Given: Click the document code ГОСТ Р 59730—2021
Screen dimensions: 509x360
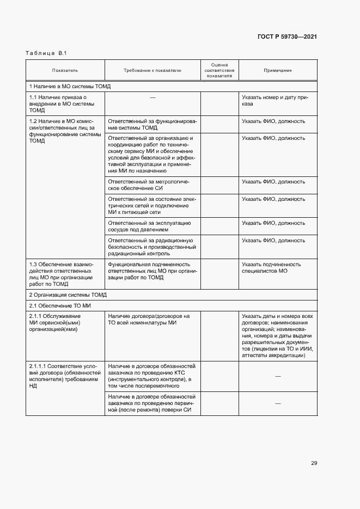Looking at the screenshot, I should click(288, 36).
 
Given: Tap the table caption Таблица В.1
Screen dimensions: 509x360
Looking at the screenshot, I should click(46, 53).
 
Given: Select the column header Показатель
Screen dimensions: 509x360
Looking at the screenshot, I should click(65, 70).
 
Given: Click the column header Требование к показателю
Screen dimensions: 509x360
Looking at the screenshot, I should click(152, 70).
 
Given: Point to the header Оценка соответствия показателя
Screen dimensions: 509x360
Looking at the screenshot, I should click(219, 70).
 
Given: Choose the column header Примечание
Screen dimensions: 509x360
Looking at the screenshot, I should click(277, 70).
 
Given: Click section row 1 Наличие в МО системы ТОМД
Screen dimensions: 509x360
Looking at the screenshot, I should click(70, 86).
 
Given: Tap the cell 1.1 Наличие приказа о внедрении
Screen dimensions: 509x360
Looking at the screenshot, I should click(62, 103).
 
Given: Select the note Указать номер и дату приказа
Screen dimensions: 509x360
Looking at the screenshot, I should click(275, 100).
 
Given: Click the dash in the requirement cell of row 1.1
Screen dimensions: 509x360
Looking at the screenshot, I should click(152, 97).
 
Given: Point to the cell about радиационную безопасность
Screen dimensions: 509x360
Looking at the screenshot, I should click(152, 247).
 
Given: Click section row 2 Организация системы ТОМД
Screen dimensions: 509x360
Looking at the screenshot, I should click(68, 295).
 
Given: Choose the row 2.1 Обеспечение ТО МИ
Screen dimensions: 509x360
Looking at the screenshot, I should click(59, 305).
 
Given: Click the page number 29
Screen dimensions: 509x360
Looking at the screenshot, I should click(314, 463).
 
